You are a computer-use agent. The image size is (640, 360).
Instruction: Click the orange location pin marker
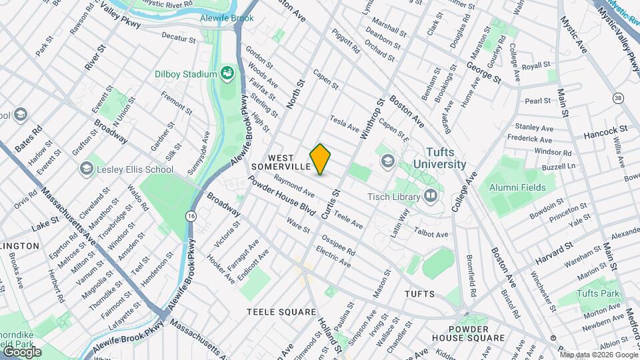321,159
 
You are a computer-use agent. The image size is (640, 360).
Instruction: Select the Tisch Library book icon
431,196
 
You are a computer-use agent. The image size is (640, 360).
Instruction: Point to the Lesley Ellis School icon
86,169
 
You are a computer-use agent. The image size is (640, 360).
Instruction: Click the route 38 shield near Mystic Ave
618,98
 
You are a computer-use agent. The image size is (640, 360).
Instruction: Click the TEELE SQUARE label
281,312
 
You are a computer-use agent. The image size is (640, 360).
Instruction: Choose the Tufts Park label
598,293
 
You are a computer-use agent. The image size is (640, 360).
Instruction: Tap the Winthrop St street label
373,119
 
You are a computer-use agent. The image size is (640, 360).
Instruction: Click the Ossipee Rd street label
338,246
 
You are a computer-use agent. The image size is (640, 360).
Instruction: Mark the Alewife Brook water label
227,18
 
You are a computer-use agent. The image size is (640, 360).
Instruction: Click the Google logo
22,351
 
